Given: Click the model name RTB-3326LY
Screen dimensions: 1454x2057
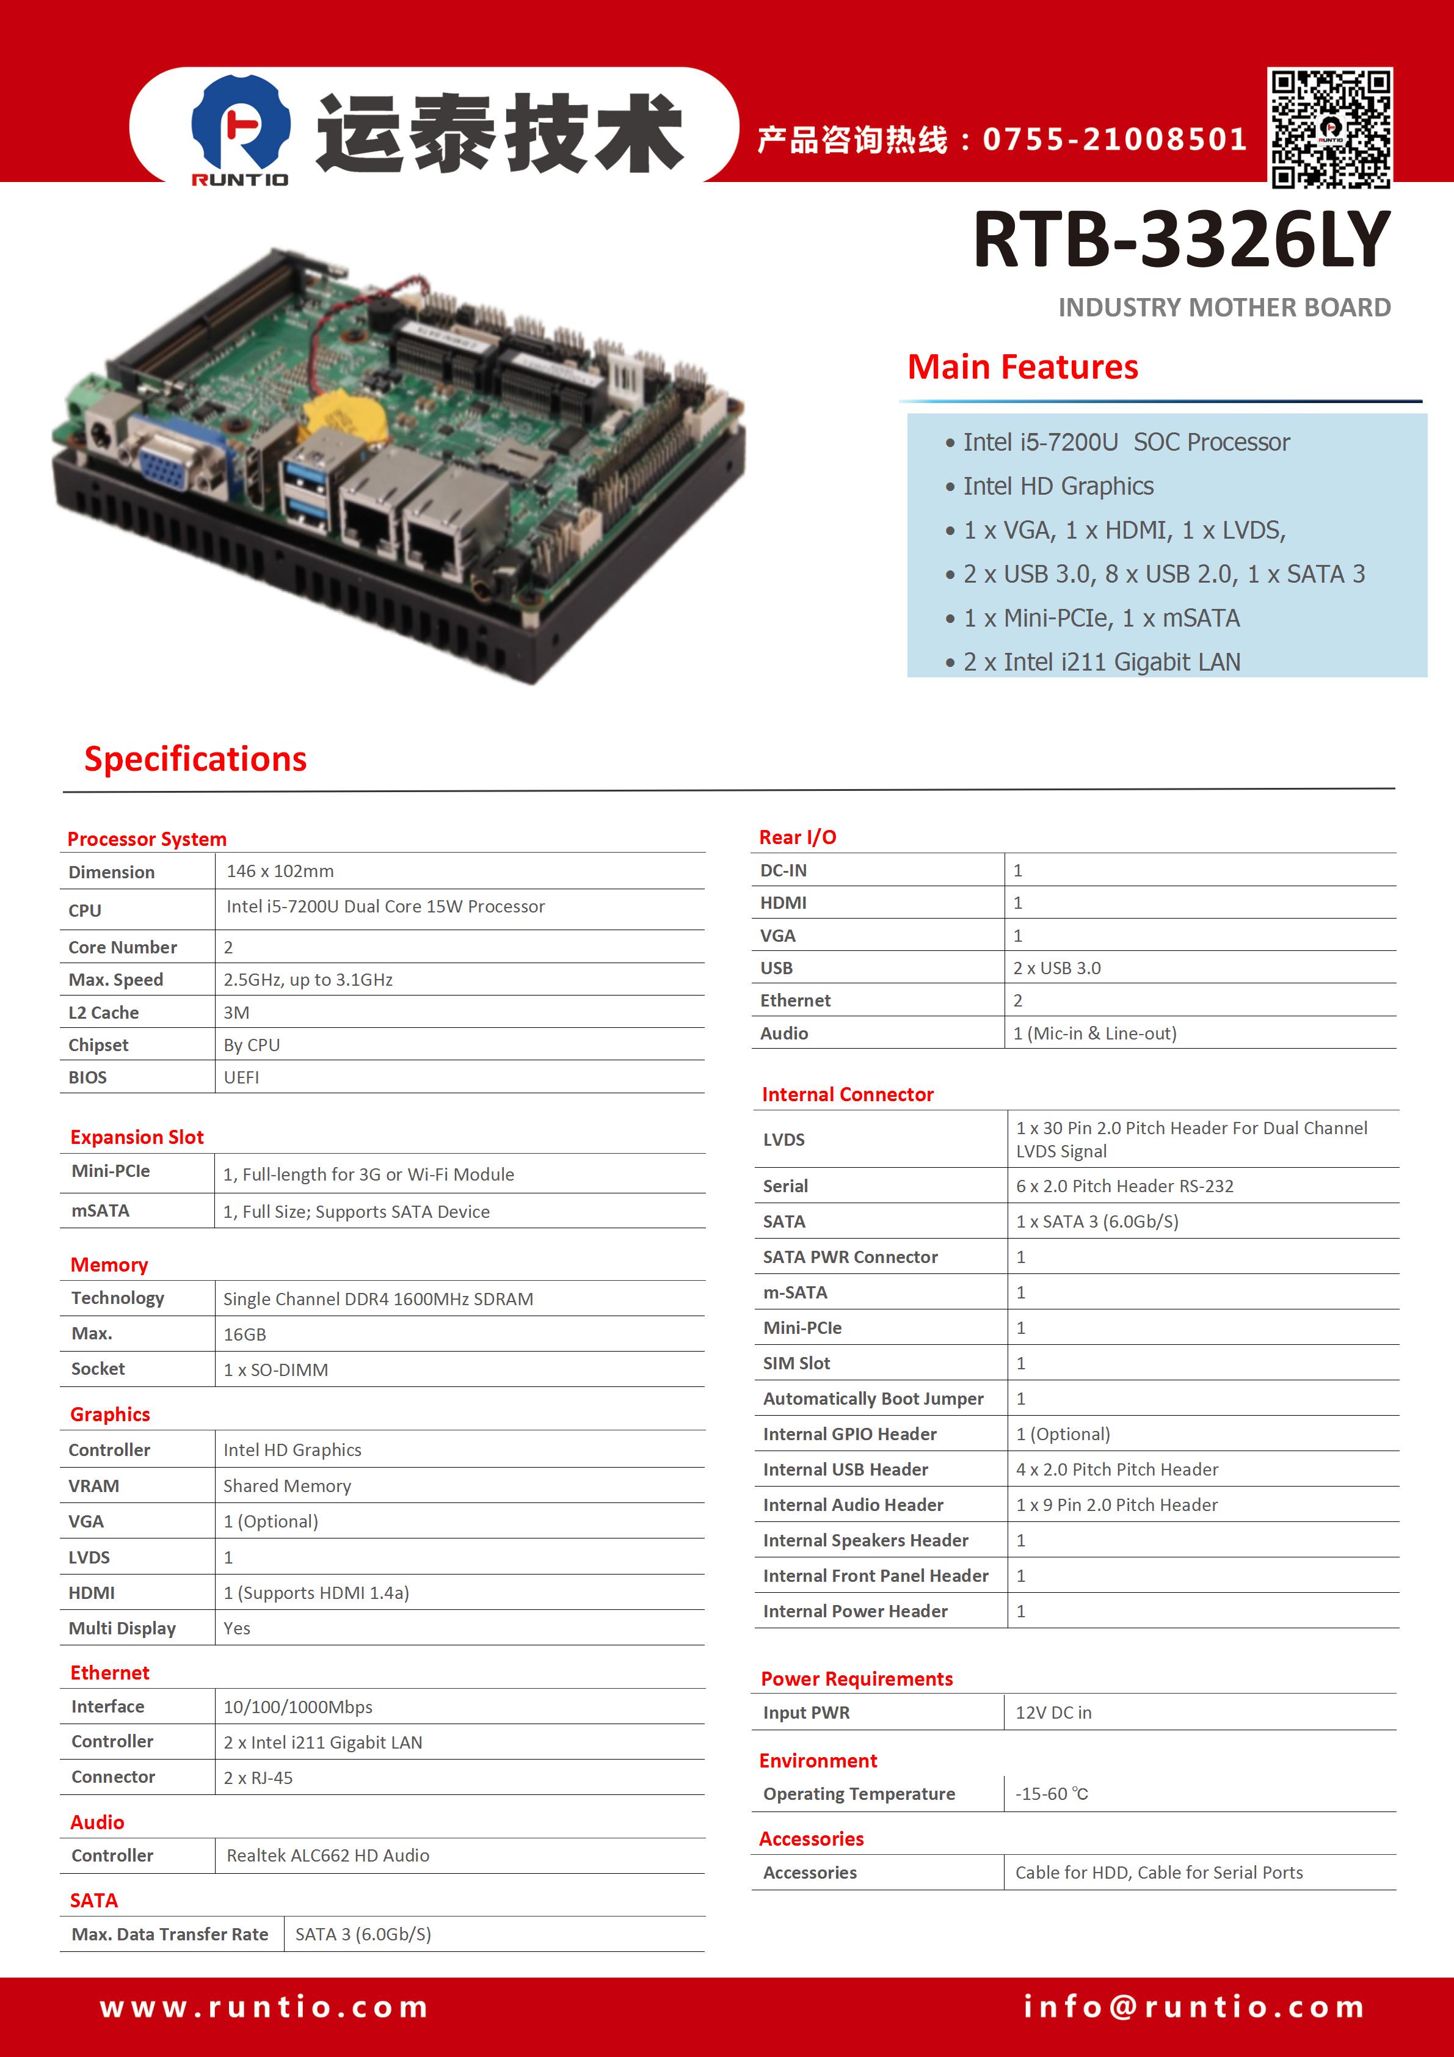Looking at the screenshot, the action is pyautogui.click(x=1182, y=239).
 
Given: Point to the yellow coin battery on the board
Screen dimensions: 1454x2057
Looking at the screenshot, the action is pyautogui.click(x=345, y=417).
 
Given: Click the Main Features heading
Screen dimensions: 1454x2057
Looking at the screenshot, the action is pyautogui.click(x=1022, y=367).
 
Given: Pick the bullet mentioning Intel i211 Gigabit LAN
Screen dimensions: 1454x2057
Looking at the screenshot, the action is pyautogui.click(x=1093, y=662).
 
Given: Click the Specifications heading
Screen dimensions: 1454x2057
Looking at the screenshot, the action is pyautogui.click(x=195, y=759).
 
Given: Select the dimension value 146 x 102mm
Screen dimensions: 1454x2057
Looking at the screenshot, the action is pyautogui.click(x=280, y=871).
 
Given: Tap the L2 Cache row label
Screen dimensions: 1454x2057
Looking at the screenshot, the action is pyautogui.click(x=104, y=1013).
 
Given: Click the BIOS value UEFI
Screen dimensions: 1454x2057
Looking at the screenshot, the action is pyautogui.click(x=241, y=1078).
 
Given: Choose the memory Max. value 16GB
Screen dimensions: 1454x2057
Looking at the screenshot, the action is pyautogui.click(x=245, y=1334).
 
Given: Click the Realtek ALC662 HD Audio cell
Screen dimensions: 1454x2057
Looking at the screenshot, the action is pyautogui.click(x=328, y=1855).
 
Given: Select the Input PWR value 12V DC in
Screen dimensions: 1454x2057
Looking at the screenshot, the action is pyautogui.click(x=1053, y=1712).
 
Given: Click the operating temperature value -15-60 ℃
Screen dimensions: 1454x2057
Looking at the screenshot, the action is pyautogui.click(x=1052, y=1794).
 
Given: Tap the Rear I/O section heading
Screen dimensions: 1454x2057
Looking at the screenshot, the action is pyautogui.click(x=798, y=837).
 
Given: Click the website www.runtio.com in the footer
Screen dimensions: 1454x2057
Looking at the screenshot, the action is pyautogui.click(x=264, y=2008).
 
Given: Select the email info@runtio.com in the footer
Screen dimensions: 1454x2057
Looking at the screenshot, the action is pyautogui.click(x=1194, y=2008).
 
